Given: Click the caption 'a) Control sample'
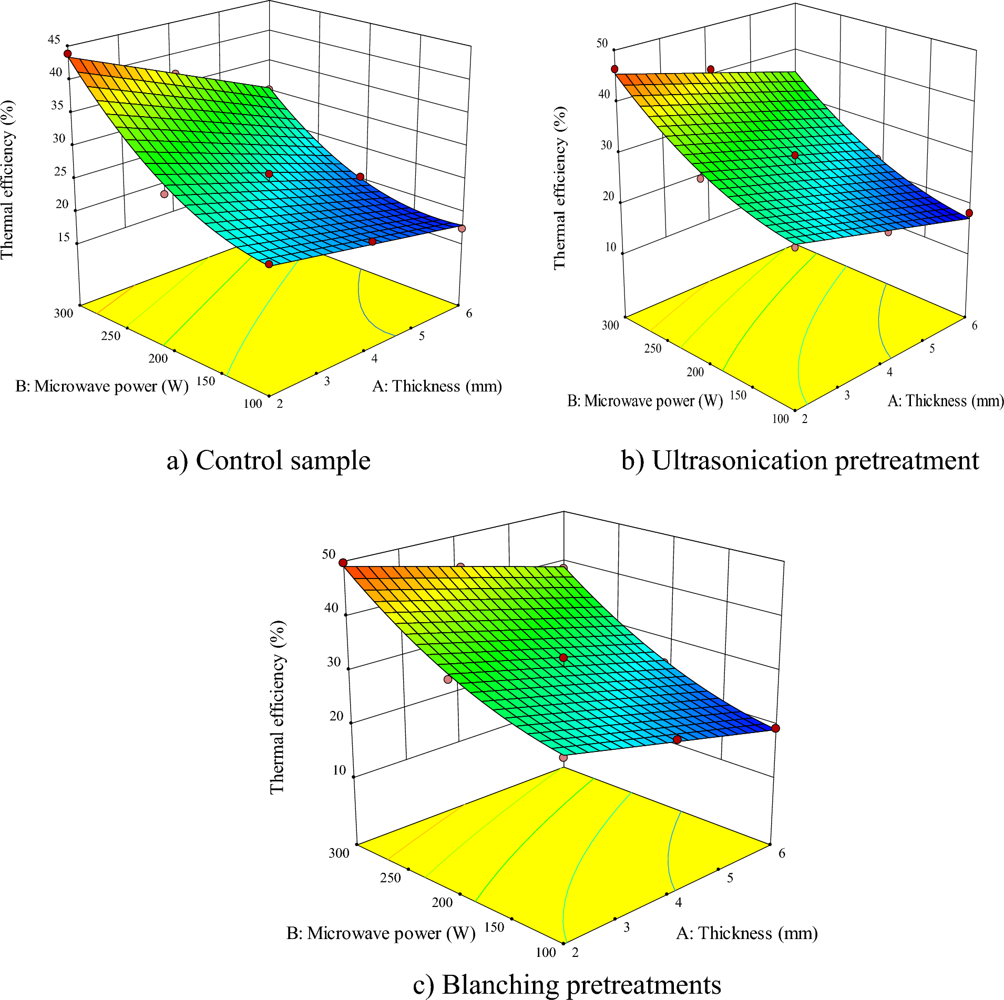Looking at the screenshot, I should coord(269,461).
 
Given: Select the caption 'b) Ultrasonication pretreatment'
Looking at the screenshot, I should coord(800,461).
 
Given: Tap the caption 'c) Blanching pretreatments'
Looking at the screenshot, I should coord(567,984).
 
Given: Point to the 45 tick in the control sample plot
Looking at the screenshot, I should coord(54,40).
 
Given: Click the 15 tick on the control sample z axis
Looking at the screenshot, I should coord(64,238).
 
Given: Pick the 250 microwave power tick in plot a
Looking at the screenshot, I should coord(110,336).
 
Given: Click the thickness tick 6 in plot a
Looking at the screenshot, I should coord(469,314).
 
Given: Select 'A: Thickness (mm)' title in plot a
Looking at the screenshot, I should coord(437,387).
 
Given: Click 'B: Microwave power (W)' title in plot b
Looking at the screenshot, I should coord(644,401).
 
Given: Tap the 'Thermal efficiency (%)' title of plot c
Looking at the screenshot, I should coord(277,707).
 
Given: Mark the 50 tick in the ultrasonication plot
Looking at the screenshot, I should coord(602,44).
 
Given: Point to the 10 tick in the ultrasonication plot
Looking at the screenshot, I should coord(610,248).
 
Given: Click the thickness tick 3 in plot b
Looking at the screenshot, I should coord(847,396).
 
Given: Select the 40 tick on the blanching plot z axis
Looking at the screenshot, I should coord(331,608).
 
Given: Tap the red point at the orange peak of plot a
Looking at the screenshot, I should coord(67,54).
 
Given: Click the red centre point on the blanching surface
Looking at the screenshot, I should coord(564,658).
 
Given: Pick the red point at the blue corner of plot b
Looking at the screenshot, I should coord(969,213).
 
